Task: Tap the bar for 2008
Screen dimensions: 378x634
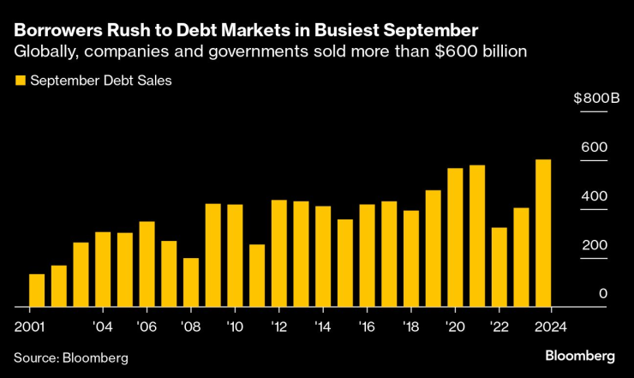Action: pos(191,282)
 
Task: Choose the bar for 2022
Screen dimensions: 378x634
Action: pos(499,267)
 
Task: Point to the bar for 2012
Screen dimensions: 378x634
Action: pos(279,253)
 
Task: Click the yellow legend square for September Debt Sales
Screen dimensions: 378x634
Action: pos(20,81)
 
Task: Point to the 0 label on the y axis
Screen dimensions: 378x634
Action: pos(603,294)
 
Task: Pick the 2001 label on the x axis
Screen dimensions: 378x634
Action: pos(29,326)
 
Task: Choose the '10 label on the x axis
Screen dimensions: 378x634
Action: pos(234,326)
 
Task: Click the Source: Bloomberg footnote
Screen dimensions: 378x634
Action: pos(70,357)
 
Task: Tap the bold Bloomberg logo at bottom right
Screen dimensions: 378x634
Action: pos(580,355)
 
